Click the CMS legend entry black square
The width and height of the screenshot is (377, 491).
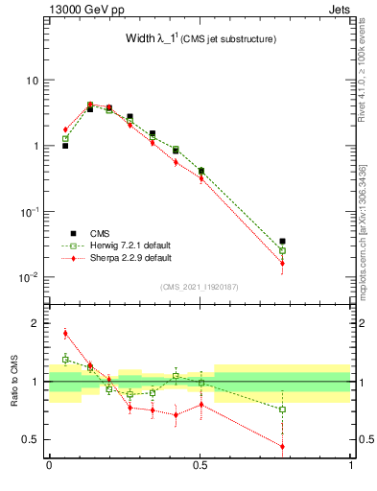pos(74,232)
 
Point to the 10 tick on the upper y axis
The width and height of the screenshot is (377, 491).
pos(31,81)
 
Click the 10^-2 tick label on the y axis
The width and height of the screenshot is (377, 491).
pos(28,278)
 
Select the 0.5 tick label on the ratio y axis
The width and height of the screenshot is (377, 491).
pos(33,440)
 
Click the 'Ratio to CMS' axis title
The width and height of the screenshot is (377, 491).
pos(16,383)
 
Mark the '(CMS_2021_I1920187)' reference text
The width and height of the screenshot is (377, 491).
pos(200,287)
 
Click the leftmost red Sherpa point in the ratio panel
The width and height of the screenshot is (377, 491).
pos(65,334)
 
